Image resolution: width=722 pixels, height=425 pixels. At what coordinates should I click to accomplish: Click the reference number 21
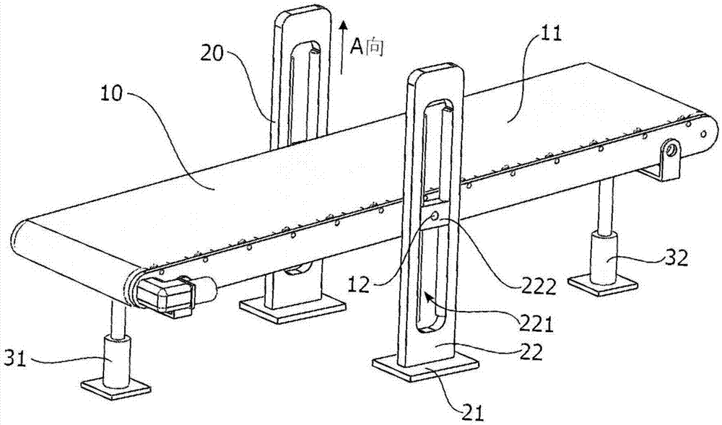(x=473, y=413)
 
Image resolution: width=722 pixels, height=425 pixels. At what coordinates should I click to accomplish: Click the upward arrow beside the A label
(x=342, y=48)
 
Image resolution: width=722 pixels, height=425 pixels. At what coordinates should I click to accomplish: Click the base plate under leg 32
(x=604, y=283)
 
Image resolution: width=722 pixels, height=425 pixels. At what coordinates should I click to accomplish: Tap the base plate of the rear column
(x=292, y=309)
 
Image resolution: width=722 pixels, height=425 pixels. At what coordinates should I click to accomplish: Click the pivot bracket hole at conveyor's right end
(x=671, y=151)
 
